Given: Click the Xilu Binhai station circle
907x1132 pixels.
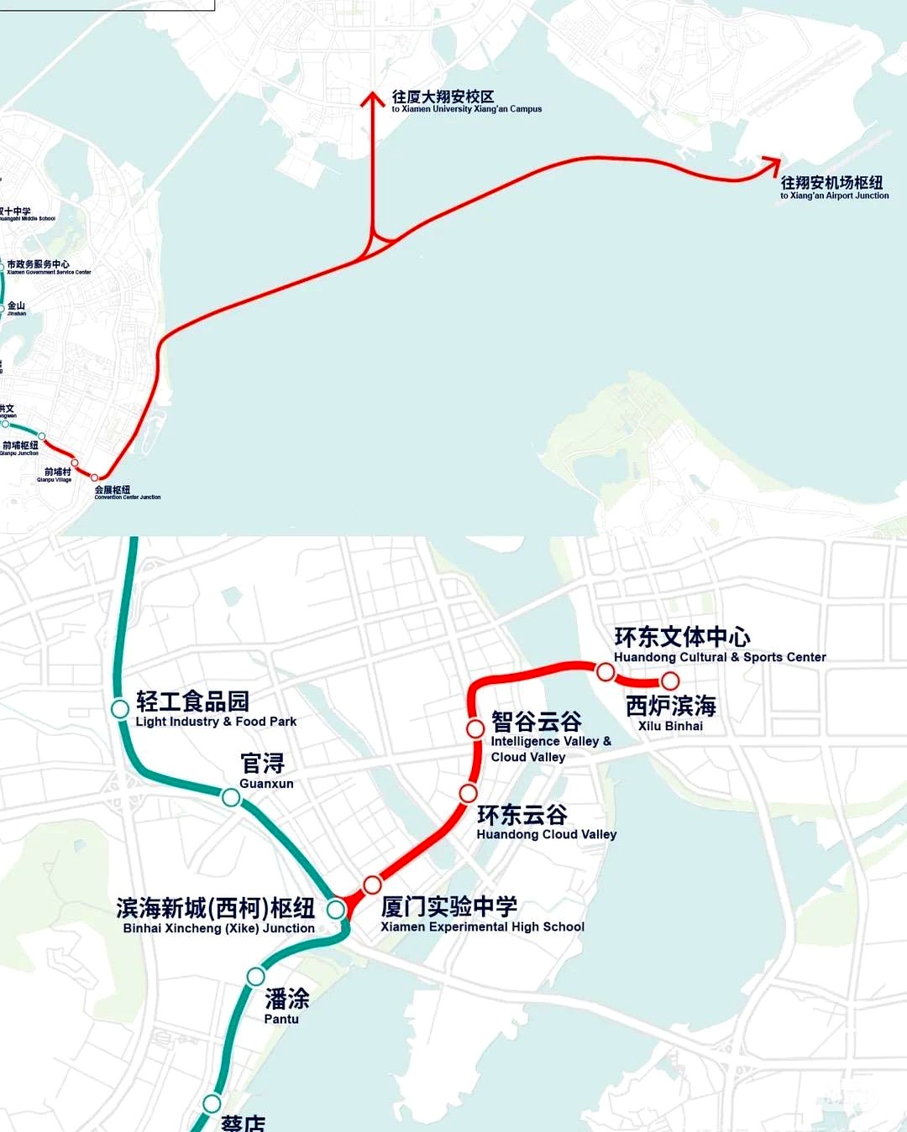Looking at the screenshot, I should pos(669,681).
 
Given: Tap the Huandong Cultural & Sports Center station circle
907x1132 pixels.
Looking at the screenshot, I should pos(606,671).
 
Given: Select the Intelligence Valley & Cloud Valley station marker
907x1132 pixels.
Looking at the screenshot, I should pos(475,728).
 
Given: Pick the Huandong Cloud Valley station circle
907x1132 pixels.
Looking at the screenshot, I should pos(469,793).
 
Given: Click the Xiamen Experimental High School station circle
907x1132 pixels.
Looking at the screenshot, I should pos(372,884).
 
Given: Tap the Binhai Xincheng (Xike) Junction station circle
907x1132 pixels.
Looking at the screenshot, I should pos(336,909).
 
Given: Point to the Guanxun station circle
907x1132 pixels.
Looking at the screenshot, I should pos(230,797).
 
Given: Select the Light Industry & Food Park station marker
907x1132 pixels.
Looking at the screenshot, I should pos(120,709).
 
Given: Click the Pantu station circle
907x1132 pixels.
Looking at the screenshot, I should pos(255,976).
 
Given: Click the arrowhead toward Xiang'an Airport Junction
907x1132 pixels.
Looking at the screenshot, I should pos(771,164).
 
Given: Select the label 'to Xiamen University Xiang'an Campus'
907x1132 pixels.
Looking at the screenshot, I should pos(466,109).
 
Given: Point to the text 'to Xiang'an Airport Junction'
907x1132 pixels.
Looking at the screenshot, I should pos(834,196).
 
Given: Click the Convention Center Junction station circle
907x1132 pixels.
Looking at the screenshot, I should pos(94,477).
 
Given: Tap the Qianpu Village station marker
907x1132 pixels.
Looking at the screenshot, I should pos(75,462).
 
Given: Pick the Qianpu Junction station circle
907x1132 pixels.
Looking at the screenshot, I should pos(41,436).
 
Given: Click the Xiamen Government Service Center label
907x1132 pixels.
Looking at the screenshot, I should pos(49,272).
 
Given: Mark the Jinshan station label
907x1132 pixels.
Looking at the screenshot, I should pos(17,308).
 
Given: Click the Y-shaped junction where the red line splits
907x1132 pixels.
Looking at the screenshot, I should pos(375,243).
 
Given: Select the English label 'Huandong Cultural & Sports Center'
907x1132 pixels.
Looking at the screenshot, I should pos(720,657).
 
